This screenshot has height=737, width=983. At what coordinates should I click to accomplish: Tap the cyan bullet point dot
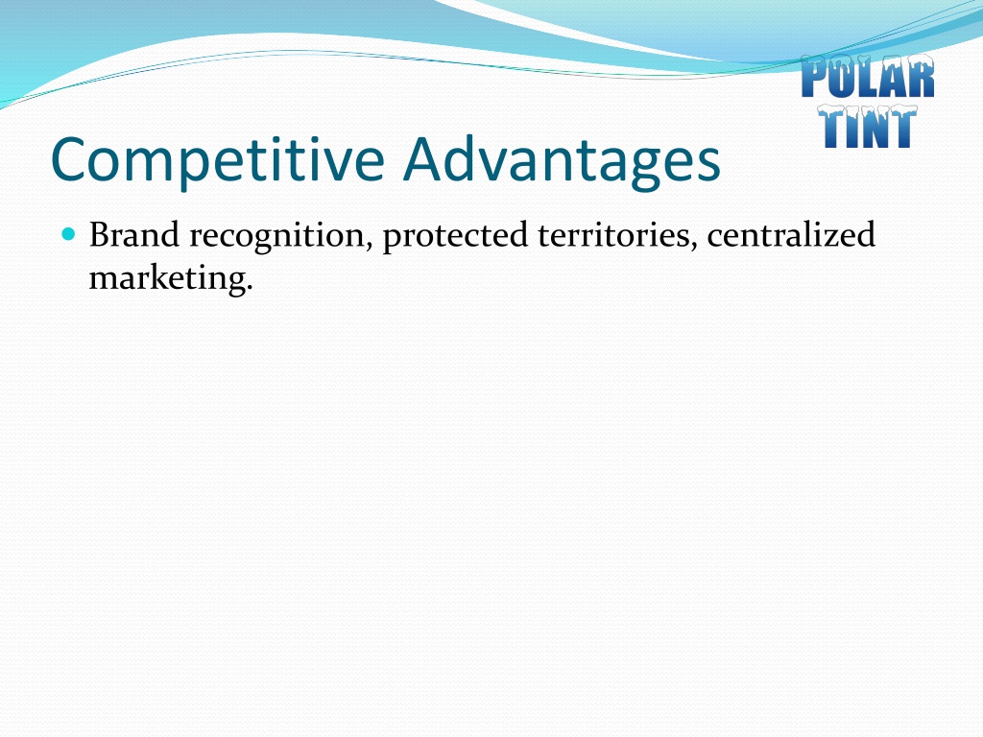point(68,234)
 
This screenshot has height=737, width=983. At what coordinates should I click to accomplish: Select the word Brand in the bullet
point(134,234)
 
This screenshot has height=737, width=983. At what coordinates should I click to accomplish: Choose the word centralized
point(791,234)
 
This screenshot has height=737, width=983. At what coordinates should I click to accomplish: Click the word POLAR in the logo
point(868,77)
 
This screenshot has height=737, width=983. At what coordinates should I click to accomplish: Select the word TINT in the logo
point(868,127)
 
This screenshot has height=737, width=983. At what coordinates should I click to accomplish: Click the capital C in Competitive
point(72,160)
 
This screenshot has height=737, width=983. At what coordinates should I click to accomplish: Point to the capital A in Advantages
point(427,160)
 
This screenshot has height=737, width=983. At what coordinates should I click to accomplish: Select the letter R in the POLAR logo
point(921,77)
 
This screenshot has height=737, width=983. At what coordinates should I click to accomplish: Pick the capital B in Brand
point(100,235)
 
